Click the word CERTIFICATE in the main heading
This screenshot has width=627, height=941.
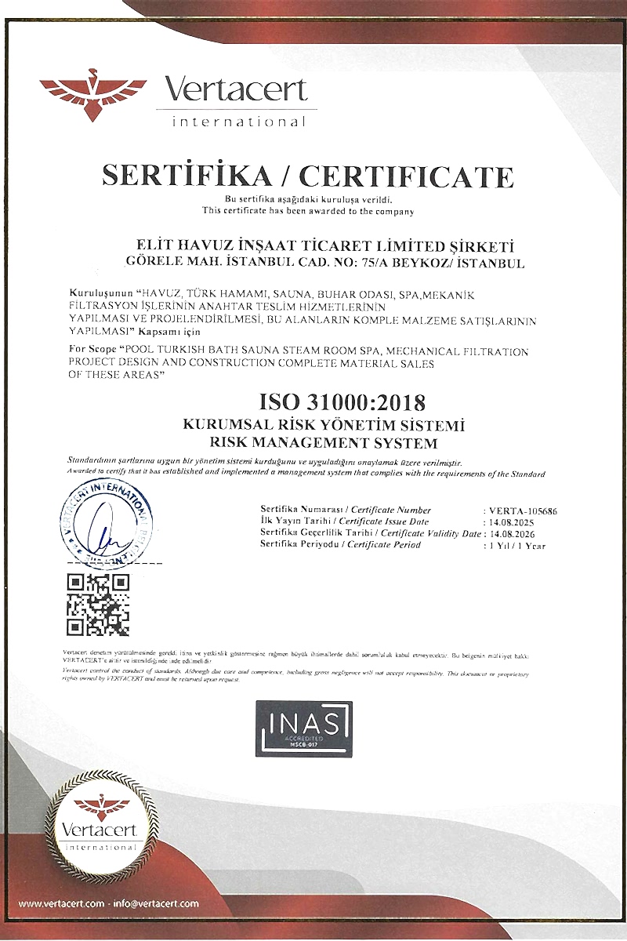407,175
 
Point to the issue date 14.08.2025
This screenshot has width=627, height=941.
514,521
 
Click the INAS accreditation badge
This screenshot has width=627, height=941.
305,728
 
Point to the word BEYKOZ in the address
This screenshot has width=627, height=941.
444,263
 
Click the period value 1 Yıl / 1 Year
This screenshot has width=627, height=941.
517,544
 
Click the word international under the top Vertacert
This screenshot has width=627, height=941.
238,122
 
